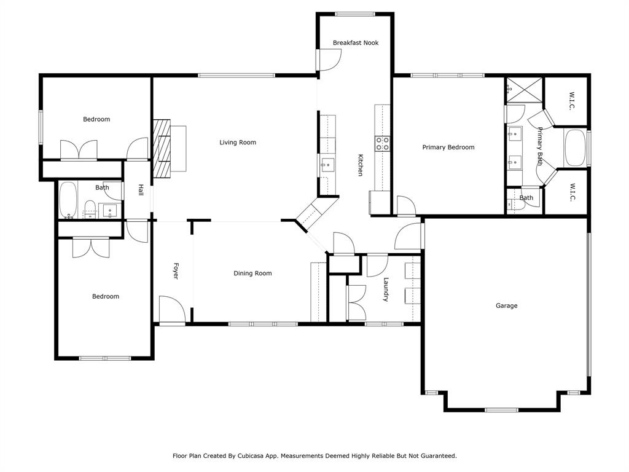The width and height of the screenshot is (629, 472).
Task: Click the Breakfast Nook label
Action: point(356,43)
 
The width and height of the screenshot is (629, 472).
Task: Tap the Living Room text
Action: point(238,143)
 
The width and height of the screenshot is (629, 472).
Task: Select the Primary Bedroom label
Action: point(448,147)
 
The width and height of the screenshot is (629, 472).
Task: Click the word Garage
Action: point(507,305)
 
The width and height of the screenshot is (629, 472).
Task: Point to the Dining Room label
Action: point(252,273)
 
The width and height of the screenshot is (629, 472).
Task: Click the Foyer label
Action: point(175,272)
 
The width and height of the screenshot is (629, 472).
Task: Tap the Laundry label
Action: point(386,289)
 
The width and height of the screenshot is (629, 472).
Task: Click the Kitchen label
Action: point(360,165)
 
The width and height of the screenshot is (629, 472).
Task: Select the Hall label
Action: point(141,191)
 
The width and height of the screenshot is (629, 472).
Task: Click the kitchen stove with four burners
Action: point(383,144)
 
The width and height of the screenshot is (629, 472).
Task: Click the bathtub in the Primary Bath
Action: point(576,147)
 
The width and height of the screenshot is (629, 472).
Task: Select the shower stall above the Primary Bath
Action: point(525,90)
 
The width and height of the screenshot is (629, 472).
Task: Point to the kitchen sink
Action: point(327,163)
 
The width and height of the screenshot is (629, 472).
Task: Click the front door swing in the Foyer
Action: point(171,309)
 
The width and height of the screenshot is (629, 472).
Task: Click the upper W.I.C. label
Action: point(571,101)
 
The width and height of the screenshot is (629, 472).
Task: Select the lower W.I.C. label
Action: point(571,192)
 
